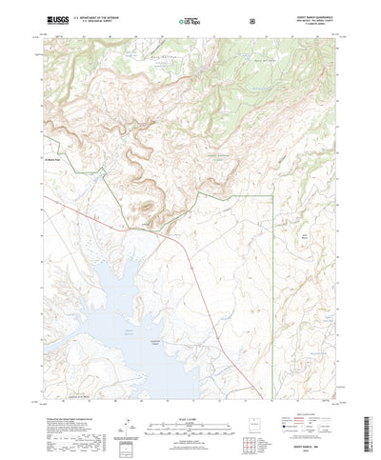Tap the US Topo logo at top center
[x=190, y=19]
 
